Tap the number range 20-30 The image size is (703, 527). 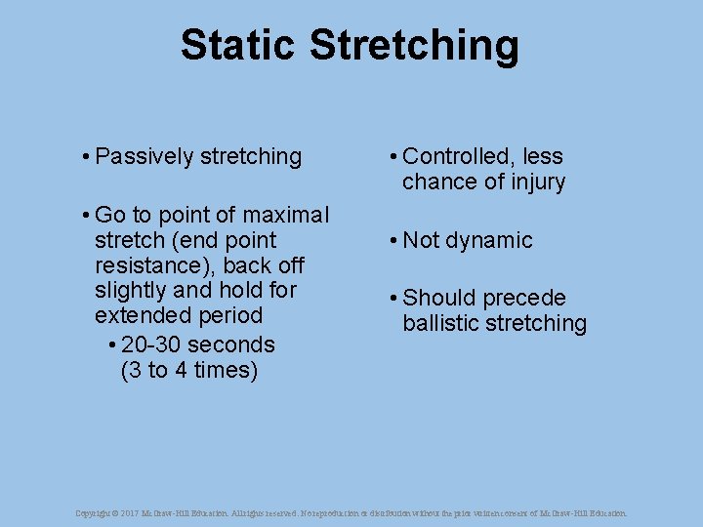coord(151,345)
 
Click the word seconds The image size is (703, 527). coord(231,345)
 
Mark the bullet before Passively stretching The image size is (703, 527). coord(86,157)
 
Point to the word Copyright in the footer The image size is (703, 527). coord(93,512)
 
